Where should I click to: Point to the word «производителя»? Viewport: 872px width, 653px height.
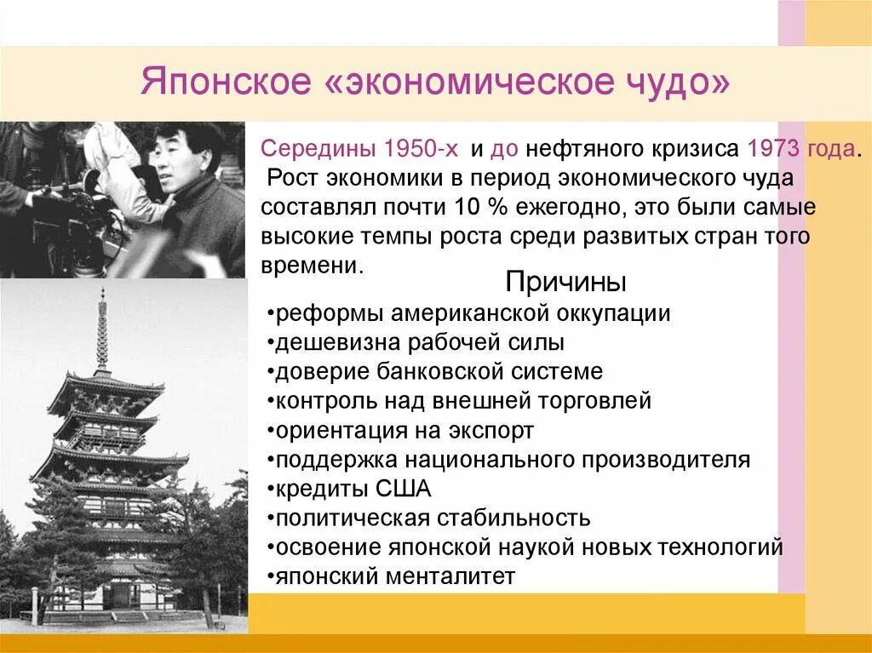pos(667,460)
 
